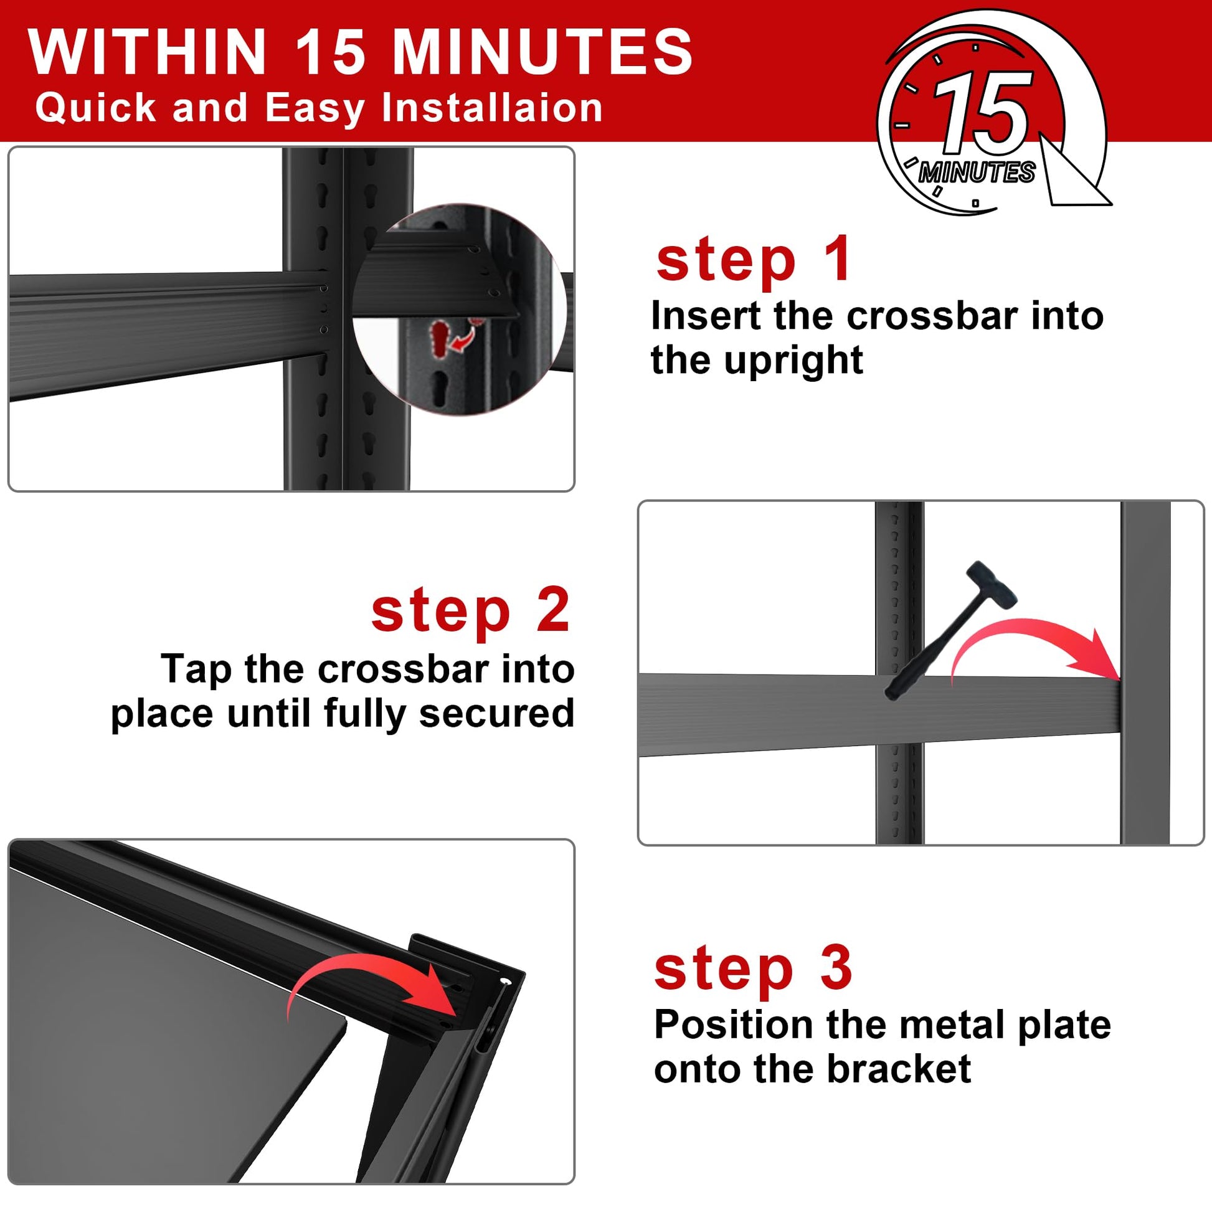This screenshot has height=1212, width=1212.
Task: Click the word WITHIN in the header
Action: point(148,52)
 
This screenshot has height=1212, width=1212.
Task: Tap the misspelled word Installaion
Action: point(493,108)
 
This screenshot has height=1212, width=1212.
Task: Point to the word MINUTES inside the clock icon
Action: point(976,172)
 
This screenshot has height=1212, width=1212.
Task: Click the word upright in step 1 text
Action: point(793,362)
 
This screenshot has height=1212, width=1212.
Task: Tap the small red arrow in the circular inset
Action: point(463,336)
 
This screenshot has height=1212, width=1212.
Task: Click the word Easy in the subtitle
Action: point(315,108)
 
